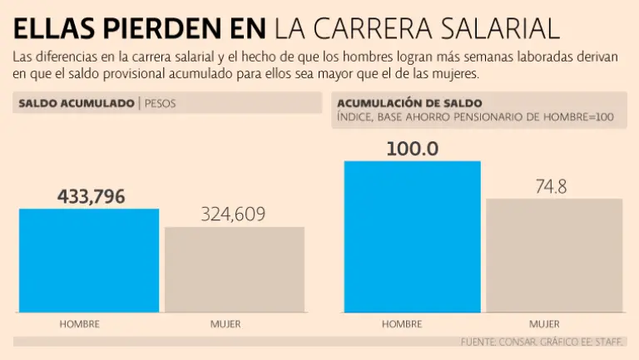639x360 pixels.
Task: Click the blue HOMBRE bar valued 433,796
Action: pyautogui.click(x=88, y=259)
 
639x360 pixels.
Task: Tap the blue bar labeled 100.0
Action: pyautogui.click(x=412, y=236)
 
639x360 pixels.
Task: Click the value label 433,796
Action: pyautogui.click(x=91, y=197)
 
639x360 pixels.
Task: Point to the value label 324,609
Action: pyautogui.click(x=233, y=215)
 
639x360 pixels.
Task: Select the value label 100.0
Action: pyautogui.click(x=412, y=150)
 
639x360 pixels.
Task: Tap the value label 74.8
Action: pyautogui.click(x=551, y=187)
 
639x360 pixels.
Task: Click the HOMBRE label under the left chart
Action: pyautogui.click(x=80, y=323)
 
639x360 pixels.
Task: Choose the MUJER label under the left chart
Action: pyautogui.click(x=225, y=323)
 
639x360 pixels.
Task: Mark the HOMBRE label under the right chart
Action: pyautogui.click(x=402, y=323)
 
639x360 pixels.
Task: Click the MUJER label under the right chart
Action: pyautogui.click(x=544, y=323)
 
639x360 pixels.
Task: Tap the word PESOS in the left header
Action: pyautogui.click(x=161, y=103)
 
